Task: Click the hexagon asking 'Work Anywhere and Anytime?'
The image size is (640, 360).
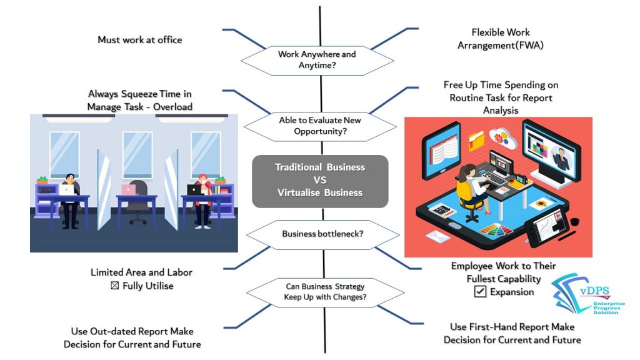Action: click(x=317, y=59)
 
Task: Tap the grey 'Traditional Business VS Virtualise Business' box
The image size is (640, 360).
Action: click(x=320, y=181)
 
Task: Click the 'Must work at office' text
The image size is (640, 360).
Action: click(x=140, y=40)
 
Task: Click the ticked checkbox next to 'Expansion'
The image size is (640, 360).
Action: click(x=480, y=291)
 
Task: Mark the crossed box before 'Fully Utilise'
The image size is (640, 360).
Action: click(x=114, y=286)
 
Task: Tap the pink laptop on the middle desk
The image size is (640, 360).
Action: click(x=128, y=189)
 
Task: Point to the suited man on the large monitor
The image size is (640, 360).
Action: click(x=558, y=156)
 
